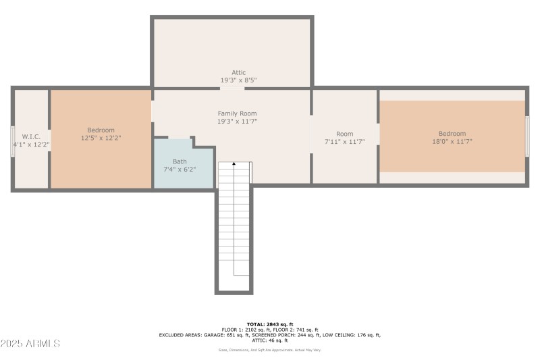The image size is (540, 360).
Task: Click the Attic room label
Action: [238, 72]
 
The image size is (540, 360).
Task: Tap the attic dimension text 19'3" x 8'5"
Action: [238, 80]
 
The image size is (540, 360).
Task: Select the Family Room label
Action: [237, 113]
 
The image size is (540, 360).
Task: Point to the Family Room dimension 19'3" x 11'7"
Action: [237, 122]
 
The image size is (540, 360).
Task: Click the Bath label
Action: [180, 161]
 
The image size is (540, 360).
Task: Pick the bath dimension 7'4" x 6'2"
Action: [180, 170]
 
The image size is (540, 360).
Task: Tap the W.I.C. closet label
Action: [31, 136]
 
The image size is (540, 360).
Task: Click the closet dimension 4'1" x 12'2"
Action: [31, 145]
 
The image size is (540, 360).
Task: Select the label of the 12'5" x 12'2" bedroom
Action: [101, 130]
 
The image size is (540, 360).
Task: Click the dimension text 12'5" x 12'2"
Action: [101, 138]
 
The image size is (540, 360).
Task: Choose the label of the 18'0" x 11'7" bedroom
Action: [452, 134]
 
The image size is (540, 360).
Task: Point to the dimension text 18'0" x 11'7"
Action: [452, 142]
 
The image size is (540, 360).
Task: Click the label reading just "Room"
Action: [344, 134]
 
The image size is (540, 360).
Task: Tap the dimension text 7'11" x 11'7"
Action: [344, 142]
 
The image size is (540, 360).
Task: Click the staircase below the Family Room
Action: [234, 223]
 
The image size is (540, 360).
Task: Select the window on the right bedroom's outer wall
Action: [527, 137]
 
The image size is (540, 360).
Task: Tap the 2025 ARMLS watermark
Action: [30, 344]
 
